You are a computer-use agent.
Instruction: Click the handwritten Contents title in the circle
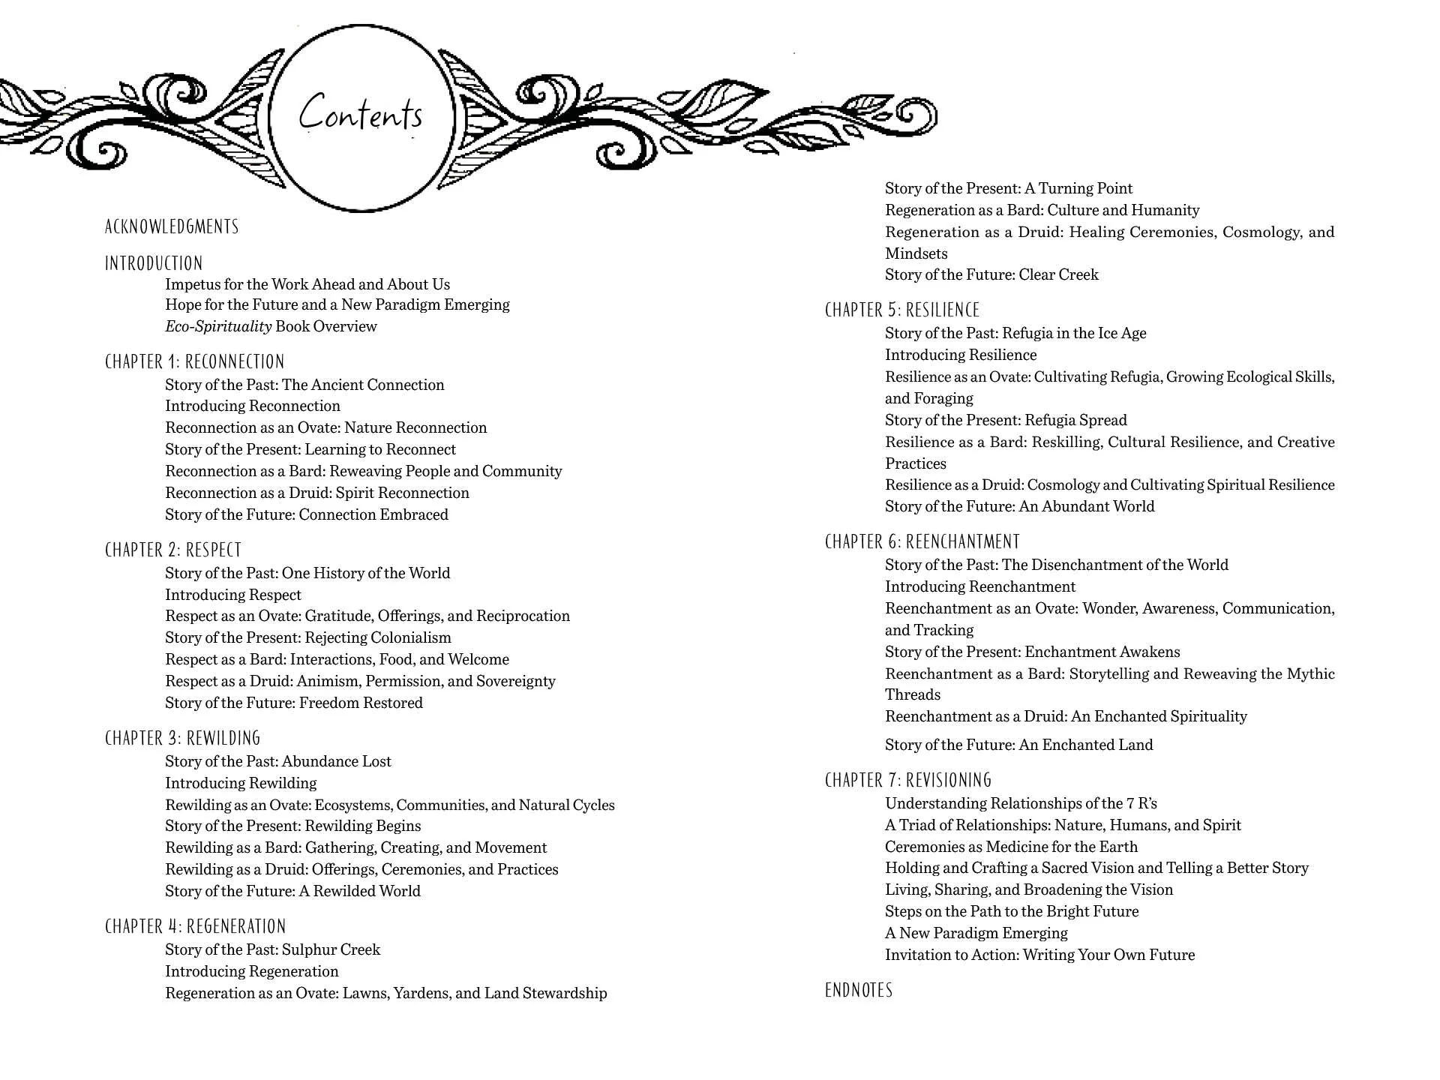(x=361, y=114)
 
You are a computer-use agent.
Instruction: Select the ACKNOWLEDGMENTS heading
(x=172, y=226)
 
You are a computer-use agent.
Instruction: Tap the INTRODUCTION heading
(x=154, y=263)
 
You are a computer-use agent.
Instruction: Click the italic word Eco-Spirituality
(x=218, y=326)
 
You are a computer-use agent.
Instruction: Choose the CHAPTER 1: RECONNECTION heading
(x=195, y=361)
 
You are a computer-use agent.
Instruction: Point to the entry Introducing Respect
(x=233, y=595)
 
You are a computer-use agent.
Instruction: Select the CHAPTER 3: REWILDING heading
(x=183, y=738)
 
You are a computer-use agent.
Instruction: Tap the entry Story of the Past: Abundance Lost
(x=278, y=761)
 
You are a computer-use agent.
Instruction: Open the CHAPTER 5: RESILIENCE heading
(x=902, y=310)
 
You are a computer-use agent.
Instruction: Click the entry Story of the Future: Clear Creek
(x=991, y=274)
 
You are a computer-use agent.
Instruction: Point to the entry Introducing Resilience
(x=961, y=355)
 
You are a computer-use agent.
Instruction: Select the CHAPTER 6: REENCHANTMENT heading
(x=922, y=541)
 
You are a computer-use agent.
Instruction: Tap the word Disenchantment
(x=1091, y=565)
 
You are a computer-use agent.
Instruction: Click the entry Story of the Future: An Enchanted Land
(x=1019, y=745)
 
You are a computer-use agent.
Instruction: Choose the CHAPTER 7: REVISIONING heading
(x=908, y=780)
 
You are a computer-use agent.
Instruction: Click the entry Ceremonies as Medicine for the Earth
(x=1011, y=847)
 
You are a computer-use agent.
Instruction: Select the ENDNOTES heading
(x=859, y=990)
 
